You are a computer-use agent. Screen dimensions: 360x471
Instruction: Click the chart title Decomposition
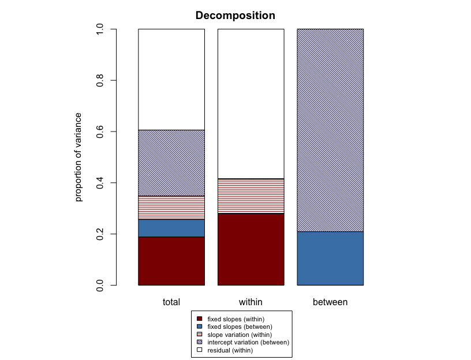(x=235, y=16)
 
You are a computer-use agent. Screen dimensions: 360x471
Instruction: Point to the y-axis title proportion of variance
(x=79, y=157)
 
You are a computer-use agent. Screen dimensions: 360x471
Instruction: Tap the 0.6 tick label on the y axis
(x=100, y=132)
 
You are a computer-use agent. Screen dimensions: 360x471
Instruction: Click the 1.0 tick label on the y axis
(x=100, y=29)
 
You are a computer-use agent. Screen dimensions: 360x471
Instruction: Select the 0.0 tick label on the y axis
(x=100, y=285)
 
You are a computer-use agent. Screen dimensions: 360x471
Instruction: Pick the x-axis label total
(x=171, y=302)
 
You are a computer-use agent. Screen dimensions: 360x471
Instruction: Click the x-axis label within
(x=251, y=302)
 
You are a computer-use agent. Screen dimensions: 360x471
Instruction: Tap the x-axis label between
(x=330, y=302)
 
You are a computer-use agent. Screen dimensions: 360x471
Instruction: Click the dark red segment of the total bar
(x=171, y=261)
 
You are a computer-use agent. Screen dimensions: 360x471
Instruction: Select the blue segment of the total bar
(x=171, y=228)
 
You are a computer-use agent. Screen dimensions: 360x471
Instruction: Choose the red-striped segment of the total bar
(x=171, y=208)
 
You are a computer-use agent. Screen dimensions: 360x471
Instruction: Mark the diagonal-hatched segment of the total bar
(x=171, y=163)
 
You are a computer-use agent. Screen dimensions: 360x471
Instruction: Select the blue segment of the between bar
(x=330, y=258)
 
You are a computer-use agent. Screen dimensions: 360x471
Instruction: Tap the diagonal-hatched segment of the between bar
(x=330, y=130)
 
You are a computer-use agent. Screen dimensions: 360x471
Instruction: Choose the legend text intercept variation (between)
(x=248, y=342)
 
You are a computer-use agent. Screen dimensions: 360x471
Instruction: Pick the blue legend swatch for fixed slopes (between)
(x=200, y=327)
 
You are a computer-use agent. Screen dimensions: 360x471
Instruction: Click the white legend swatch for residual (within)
(x=200, y=350)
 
